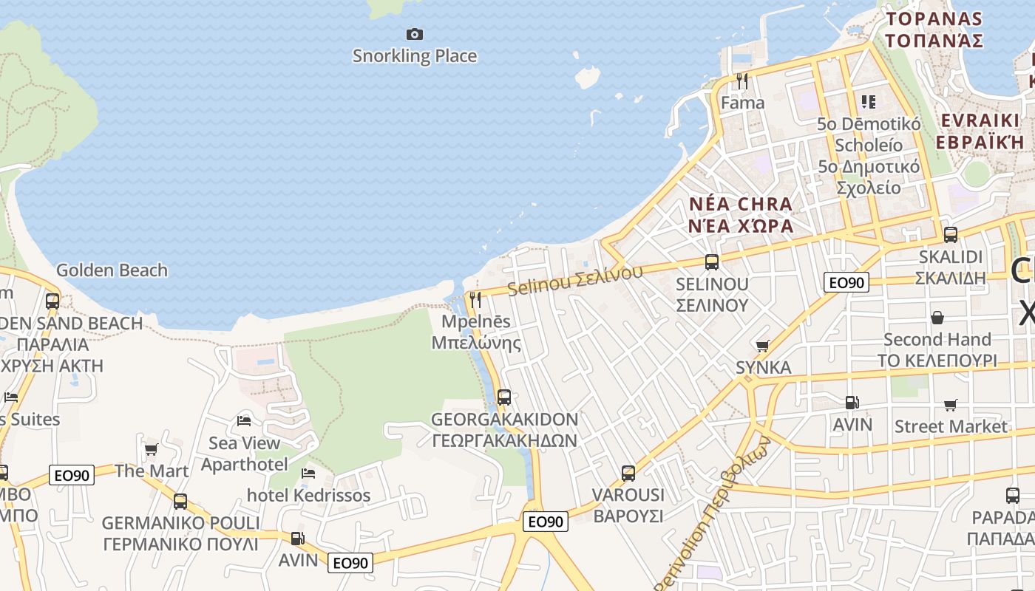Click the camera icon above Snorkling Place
click(415, 34)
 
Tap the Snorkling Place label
click(415, 56)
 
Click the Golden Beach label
click(112, 270)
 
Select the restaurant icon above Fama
click(742, 81)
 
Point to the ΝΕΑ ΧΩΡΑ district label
click(741, 225)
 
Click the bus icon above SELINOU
click(712, 262)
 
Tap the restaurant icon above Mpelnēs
click(475, 299)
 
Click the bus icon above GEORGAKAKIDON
click(504, 397)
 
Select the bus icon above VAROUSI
click(628, 473)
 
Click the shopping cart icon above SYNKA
click(763, 345)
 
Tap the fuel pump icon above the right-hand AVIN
click(852, 403)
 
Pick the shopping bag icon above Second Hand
click(937, 318)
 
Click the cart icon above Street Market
click(950, 405)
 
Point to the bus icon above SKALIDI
click(951, 235)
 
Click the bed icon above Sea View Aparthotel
click(244, 421)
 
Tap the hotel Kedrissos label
click(308, 495)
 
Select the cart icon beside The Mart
click(151, 449)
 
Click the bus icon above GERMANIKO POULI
click(180, 502)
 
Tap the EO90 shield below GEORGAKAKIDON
click(546, 522)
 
